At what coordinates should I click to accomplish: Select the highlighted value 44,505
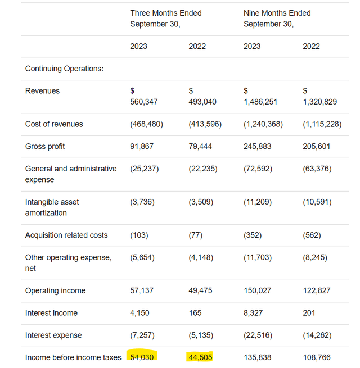pyautogui.click(x=201, y=357)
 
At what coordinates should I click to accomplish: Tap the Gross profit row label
pyautogui.click(x=45, y=146)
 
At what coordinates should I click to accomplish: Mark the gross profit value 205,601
pyautogui.click(x=317, y=146)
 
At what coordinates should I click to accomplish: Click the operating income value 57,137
pyautogui.click(x=142, y=290)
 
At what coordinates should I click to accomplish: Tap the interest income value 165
pyautogui.click(x=195, y=313)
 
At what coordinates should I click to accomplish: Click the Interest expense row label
pyautogui.click(x=53, y=335)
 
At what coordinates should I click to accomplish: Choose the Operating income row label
pyautogui.click(x=56, y=290)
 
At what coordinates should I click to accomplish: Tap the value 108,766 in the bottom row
pyautogui.click(x=317, y=357)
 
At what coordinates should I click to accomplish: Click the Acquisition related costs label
pyautogui.click(x=66, y=235)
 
